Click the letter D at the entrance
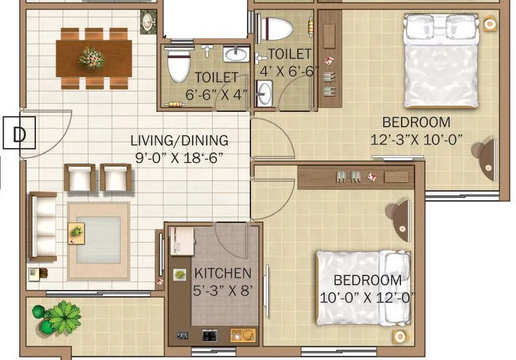coord(20,134)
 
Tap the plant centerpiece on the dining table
coord(91,57)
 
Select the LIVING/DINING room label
coord(179,141)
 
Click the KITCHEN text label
coord(223,273)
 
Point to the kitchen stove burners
coord(210,335)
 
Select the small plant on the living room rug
coord(77,232)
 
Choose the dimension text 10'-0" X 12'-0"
coord(367,298)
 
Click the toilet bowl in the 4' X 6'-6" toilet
coord(277,27)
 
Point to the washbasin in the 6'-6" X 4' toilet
coord(235,54)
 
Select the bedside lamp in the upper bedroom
coord(489,24)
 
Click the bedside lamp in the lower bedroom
coord(400,337)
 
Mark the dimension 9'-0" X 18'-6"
coord(179,157)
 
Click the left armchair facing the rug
coord(80,177)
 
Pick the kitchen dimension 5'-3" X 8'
coord(223,290)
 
